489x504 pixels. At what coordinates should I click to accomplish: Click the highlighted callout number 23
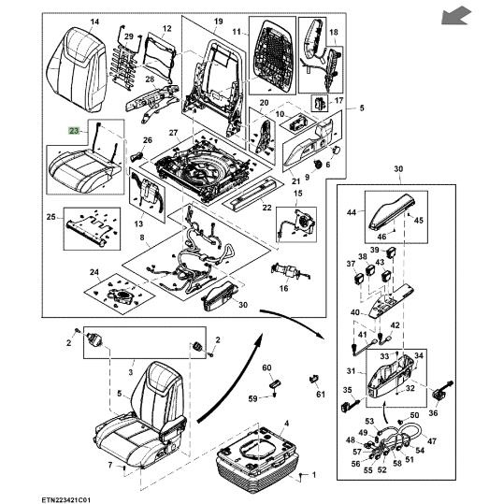point(74,131)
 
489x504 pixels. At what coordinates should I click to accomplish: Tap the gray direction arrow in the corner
point(456,16)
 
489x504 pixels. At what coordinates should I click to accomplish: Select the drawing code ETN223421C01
point(65,500)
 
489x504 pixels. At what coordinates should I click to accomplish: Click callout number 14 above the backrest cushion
point(94,22)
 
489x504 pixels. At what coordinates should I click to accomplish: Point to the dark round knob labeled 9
point(318,164)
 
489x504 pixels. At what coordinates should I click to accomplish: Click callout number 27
point(173,133)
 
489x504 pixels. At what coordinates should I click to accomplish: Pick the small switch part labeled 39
point(391,252)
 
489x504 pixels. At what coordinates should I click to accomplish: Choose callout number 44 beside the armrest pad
point(352,212)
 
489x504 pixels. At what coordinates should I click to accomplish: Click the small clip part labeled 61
point(313,379)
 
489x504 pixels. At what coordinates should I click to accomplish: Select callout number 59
point(253,398)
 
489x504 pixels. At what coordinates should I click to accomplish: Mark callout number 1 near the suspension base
point(314,474)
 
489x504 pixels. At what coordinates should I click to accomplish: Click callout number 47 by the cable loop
point(432,441)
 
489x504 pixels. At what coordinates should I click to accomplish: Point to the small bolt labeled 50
point(401,421)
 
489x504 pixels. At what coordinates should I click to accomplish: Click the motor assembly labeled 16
point(289,272)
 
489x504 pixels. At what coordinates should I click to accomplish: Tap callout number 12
point(166,29)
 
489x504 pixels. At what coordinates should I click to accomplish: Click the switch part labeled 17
point(320,103)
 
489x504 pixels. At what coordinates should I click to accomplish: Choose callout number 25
point(50,217)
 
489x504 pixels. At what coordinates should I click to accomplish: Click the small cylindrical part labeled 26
point(137,157)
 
